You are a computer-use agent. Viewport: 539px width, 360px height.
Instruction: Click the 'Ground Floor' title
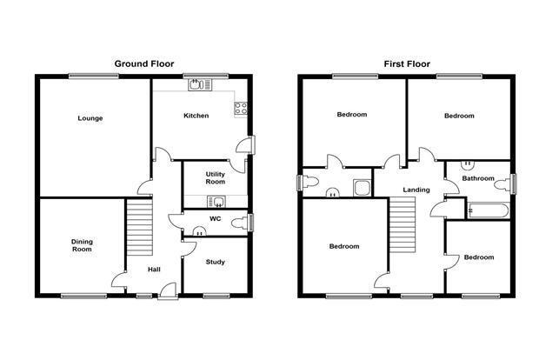point(144,63)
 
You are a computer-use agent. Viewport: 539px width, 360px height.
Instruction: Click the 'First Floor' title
point(407,64)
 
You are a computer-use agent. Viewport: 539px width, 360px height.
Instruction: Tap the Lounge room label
point(90,118)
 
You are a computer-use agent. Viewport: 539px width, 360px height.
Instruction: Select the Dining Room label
point(82,245)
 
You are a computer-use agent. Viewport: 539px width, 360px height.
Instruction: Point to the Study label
point(216,262)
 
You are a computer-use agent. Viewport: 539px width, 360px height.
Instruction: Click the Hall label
point(154,270)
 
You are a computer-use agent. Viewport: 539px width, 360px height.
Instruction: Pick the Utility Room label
point(216,177)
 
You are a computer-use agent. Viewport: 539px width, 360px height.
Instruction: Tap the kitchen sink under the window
point(201,84)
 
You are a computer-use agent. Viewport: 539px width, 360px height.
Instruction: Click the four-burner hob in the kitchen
point(241,108)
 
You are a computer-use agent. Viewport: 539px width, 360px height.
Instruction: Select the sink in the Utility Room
point(216,202)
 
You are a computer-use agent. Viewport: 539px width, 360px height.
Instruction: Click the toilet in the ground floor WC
point(239,223)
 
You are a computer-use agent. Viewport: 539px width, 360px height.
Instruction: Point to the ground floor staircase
point(140,227)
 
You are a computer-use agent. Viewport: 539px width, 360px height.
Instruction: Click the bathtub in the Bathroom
point(488,211)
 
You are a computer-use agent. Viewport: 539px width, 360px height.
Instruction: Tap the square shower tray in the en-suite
point(363,188)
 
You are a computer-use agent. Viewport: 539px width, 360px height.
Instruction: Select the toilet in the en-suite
point(309,182)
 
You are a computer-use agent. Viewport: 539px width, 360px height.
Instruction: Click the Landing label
point(416,190)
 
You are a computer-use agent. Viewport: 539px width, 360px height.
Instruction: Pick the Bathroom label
point(478,178)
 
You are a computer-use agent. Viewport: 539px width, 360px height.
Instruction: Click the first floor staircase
point(403,225)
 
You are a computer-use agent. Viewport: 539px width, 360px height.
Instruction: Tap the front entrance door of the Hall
point(168,291)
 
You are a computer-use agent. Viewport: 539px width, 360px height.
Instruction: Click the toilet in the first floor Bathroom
point(502,184)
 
